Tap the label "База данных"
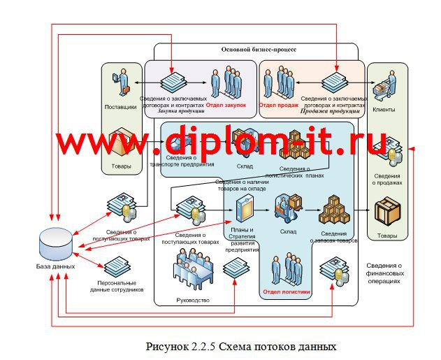(x=56, y=266)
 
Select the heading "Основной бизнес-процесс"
(x=259, y=50)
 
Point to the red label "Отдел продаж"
(x=279, y=105)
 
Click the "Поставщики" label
(x=120, y=107)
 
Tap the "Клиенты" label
(x=384, y=110)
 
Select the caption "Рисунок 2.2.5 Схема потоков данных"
(x=241, y=346)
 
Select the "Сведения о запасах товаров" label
(x=333, y=236)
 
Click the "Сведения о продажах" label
(x=387, y=178)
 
